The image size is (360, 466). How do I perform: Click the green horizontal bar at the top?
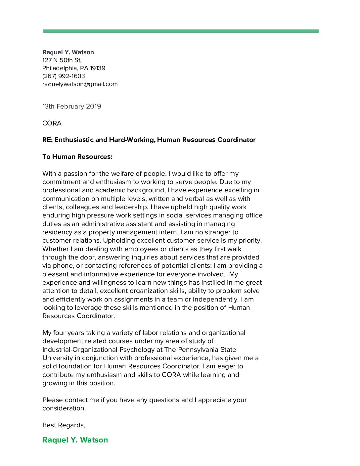coord(181,31)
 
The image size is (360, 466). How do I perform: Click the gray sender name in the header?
coord(68,52)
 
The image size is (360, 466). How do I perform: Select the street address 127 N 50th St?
coord(62,60)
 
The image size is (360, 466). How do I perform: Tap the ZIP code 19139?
coord(98,68)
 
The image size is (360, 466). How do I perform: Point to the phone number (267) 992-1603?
coord(64,76)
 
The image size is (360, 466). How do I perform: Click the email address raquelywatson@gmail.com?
coord(80,84)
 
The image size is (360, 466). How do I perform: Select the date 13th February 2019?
coord(72,106)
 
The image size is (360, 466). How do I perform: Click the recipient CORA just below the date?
coord(52,123)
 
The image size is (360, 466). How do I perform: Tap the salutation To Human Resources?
coord(77,157)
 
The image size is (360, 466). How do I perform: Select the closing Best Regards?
coord(64,425)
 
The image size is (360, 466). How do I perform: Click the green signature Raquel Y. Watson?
coord(75,440)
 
